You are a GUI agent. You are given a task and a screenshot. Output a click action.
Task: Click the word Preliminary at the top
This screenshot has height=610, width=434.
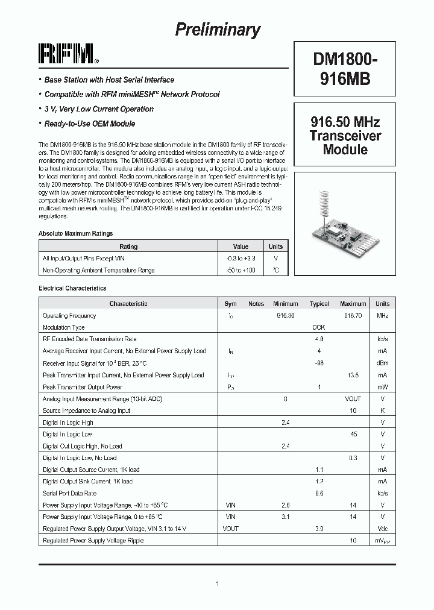[x=218, y=30]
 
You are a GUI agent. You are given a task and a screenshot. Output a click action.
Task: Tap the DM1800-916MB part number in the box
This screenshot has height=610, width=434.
[x=345, y=69]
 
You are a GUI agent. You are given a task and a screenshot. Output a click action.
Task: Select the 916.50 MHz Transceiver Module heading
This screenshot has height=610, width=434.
[x=345, y=136]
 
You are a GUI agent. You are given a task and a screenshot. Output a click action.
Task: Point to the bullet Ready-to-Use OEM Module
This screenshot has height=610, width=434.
[x=89, y=124]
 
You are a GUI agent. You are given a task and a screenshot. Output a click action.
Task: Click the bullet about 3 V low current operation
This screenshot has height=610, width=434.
[x=98, y=109]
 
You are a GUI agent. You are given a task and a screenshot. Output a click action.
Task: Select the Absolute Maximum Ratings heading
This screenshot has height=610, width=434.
[x=75, y=233]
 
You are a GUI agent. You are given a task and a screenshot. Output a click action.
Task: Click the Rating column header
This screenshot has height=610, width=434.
[x=128, y=247]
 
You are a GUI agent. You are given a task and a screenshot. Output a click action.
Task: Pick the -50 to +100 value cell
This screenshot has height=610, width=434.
[x=241, y=270]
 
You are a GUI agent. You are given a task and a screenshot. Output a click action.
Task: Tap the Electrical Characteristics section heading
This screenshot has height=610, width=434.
[x=72, y=289]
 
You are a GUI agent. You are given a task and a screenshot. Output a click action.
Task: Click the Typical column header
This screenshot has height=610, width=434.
[x=319, y=304]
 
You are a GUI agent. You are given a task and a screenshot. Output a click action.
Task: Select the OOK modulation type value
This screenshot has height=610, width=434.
[x=319, y=327]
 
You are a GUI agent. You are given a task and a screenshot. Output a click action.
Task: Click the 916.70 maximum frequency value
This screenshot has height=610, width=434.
[x=353, y=316]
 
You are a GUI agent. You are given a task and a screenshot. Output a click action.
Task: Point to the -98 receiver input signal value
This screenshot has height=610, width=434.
[x=319, y=363]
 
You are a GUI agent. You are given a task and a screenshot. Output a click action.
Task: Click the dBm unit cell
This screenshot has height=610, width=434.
[x=382, y=363]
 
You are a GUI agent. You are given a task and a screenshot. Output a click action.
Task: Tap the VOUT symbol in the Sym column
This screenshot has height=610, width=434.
[x=231, y=529]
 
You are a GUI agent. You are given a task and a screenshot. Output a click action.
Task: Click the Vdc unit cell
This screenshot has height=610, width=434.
[x=382, y=529]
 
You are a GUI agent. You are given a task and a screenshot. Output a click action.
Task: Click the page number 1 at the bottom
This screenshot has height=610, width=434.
[x=217, y=583]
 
